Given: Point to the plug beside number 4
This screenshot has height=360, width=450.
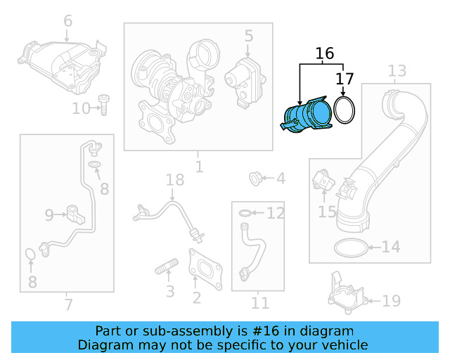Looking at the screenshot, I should tap(257, 179).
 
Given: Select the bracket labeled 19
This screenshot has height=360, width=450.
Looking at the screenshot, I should tap(347, 297).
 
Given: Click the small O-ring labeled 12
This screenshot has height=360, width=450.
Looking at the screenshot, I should tap(243, 212).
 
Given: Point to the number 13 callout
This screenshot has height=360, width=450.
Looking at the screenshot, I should tap(397, 71).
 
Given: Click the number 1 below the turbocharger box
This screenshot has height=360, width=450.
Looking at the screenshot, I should tap(199, 167).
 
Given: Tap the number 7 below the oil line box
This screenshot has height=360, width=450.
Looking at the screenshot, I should tap(67, 304).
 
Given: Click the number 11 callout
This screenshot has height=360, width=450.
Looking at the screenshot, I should tap(260, 303).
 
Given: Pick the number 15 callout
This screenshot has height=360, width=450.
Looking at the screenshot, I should tap(327, 210).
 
